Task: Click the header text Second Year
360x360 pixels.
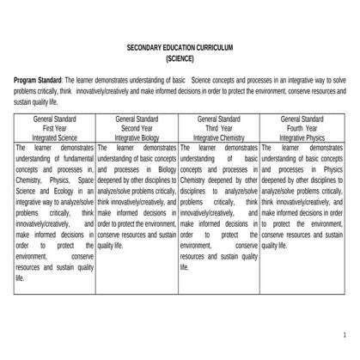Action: click(137, 126)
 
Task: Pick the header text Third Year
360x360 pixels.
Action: click(220, 126)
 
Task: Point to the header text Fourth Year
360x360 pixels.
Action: click(303, 126)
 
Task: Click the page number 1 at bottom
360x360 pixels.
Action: click(343, 333)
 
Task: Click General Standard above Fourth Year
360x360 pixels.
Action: click(303, 116)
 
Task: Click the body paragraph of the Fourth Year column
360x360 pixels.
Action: click(303, 198)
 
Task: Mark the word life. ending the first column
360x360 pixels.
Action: click(20, 278)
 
